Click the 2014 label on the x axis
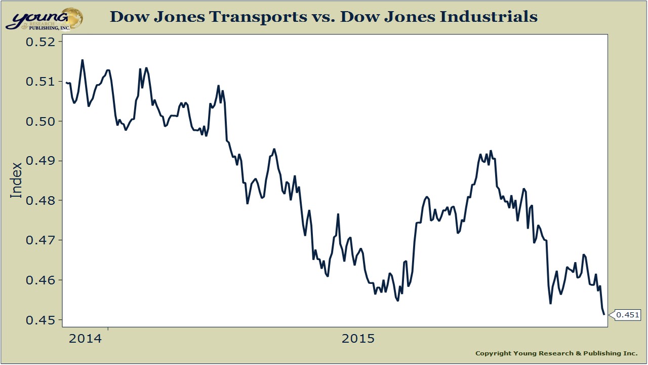[x=86, y=339]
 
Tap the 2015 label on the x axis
[x=358, y=339]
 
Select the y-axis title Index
[x=17, y=180]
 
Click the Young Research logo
[x=45, y=18]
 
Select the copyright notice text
[x=556, y=353]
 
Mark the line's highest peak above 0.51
[x=83, y=60]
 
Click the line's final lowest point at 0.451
[x=604, y=315]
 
